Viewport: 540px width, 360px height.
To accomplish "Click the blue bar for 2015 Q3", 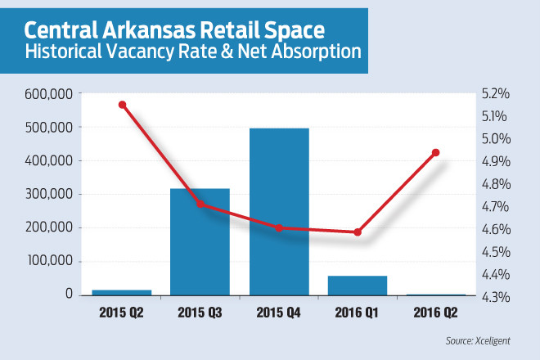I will point(199,241).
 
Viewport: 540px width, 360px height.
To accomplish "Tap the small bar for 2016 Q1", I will point(357,285).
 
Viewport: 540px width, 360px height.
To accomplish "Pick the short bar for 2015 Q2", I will point(122,291).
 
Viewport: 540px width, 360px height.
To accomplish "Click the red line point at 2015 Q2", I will point(122,105).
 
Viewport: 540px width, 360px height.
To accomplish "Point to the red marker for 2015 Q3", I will point(200,204).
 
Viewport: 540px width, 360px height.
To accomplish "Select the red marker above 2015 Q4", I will point(279,227).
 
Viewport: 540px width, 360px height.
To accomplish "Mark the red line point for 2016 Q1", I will point(358,232).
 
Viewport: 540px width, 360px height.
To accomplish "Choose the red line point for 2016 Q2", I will point(435,153).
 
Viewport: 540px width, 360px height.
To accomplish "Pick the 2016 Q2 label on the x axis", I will point(435,312).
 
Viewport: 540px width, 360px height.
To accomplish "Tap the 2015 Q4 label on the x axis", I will point(279,312).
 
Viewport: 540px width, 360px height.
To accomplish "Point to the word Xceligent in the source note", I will point(502,338).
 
